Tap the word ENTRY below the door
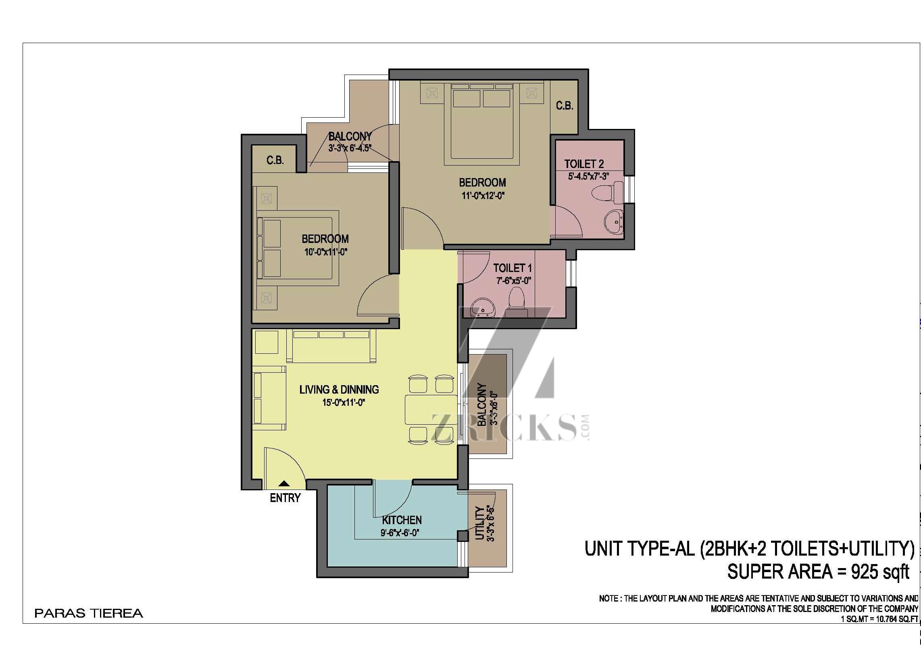point(285,498)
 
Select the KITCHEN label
point(402,520)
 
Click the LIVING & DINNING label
point(339,390)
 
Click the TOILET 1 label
point(513,268)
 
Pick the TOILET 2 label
point(584,164)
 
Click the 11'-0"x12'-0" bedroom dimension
point(482,196)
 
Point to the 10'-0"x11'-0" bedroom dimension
point(326,252)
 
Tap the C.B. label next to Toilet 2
point(565,106)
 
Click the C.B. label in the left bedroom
point(275,160)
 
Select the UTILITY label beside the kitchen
point(479,523)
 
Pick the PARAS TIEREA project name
point(89,613)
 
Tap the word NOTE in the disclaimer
point(609,599)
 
